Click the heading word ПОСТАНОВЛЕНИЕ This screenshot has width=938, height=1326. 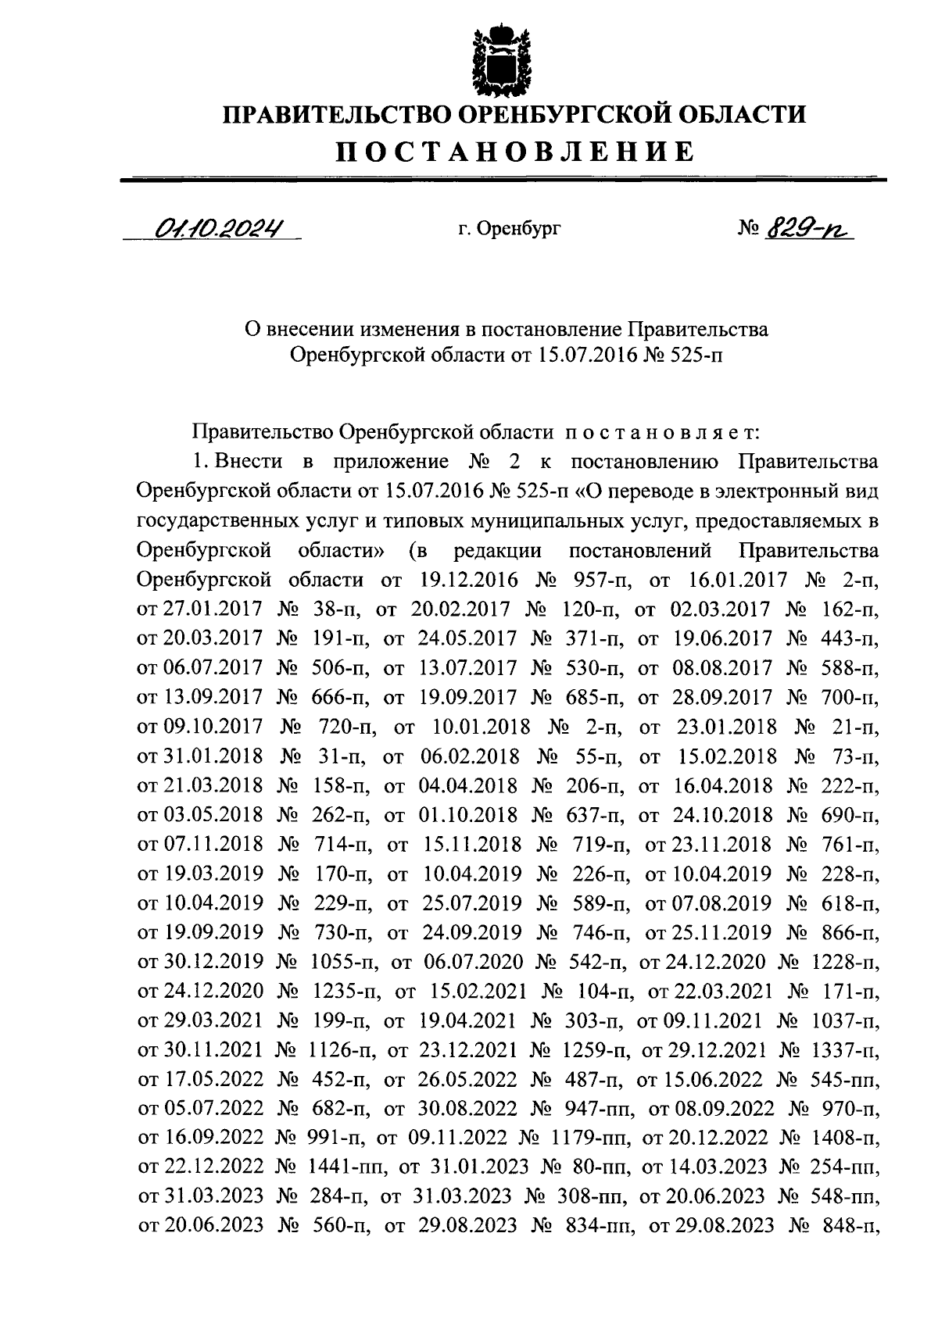coord(515,151)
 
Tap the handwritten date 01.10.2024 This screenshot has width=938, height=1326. coord(218,227)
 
